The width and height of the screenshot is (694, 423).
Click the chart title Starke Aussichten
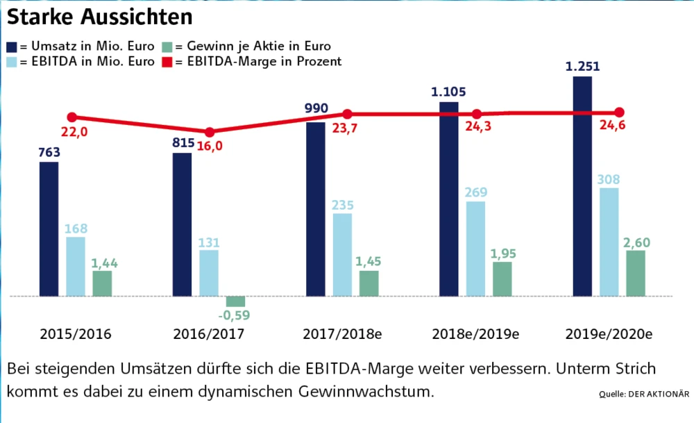[x=100, y=15]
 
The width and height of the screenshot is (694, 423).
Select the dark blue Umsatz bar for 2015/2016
[x=49, y=229]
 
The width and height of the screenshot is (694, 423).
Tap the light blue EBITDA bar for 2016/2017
[x=209, y=273]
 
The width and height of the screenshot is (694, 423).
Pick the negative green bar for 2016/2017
[x=236, y=301]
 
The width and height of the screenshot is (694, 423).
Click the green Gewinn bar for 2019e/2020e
[x=636, y=273]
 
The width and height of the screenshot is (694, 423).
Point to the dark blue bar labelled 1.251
[x=582, y=186]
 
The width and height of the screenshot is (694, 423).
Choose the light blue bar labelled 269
[x=475, y=249]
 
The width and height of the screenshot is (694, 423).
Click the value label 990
[x=316, y=110]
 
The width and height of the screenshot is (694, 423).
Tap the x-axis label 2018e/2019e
[x=475, y=333]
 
